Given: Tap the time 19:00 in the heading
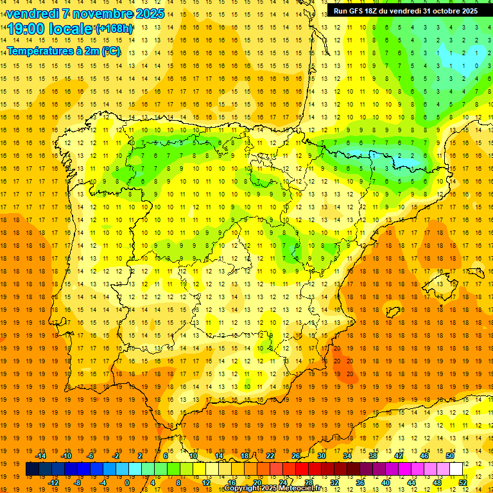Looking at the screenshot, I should pyautogui.click(x=26, y=29).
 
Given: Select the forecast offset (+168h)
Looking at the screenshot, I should pyautogui.click(x=114, y=29).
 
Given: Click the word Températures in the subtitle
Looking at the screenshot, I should pyautogui.click(x=39, y=51).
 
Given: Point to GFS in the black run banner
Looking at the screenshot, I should pyautogui.click(x=357, y=11).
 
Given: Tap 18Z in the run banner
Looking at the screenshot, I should pyautogui.click(x=376, y=11).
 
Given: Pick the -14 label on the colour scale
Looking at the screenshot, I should pyautogui.click(x=40, y=456).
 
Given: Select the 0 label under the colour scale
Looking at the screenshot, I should pyautogui.click(x=127, y=483).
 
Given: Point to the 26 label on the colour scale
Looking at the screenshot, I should pyautogui.click(x=296, y=456).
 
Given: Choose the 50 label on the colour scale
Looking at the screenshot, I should pyautogui.click(x=450, y=456).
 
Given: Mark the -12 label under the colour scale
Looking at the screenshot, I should pyautogui.click(x=54, y=483).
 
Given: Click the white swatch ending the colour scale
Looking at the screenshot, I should pyautogui.click(x=456, y=469).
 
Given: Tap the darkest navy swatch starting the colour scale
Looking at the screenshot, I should pyautogui.click(x=32, y=469).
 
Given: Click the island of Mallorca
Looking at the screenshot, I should pyautogui.click(x=444, y=281).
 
